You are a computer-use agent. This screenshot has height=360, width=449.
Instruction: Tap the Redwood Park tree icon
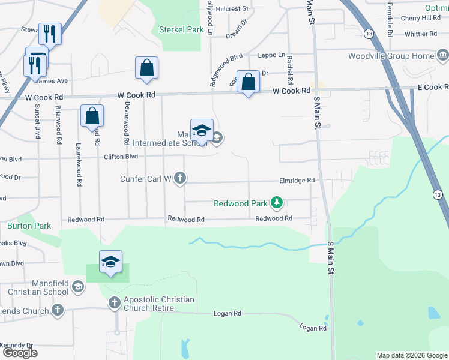(277, 203)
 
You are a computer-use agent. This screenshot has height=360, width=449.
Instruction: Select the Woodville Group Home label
(390, 56)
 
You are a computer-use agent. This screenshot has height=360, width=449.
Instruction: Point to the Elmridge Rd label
(297, 180)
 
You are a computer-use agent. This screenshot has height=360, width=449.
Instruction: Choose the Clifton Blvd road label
(121, 157)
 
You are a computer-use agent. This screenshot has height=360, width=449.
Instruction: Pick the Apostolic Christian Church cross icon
(115, 304)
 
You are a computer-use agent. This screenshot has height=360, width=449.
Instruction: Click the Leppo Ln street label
(271, 55)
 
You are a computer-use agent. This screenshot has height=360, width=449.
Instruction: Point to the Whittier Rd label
(424, 34)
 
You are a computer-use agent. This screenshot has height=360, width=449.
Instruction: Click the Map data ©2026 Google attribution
(411, 355)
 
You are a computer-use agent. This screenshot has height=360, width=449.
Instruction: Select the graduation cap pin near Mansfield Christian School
(110, 262)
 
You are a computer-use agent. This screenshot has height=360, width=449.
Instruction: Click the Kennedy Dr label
(17, 345)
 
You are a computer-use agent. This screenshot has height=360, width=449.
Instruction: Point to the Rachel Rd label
(289, 69)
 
